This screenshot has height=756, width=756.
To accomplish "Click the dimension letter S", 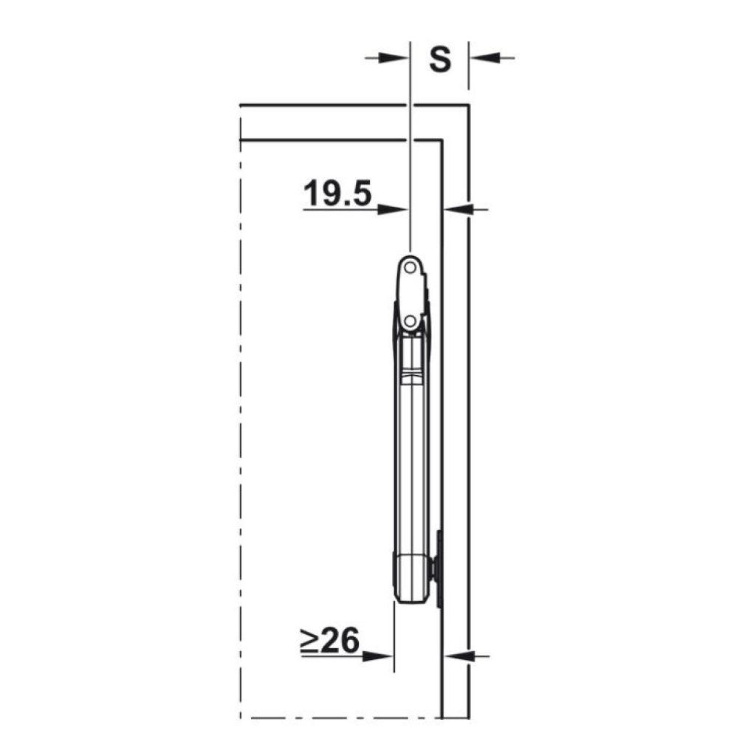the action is (x=440, y=59).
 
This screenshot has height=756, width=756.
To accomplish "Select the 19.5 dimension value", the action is (x=337, y=193).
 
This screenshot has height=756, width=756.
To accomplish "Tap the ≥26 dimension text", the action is (x=330, y=640).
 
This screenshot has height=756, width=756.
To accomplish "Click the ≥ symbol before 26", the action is (x=309, y=642).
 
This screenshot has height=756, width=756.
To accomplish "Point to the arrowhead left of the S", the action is (x=394, y=58).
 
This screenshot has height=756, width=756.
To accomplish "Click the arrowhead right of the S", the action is (x=484, y=58).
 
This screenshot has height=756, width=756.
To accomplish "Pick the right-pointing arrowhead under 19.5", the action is (x=393, y=210).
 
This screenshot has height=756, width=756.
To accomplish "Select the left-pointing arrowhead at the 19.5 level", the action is (x=458, y=209).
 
